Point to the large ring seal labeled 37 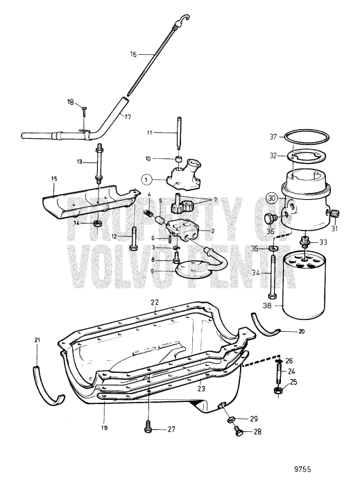(307, 141)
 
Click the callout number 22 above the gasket (155, 302)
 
